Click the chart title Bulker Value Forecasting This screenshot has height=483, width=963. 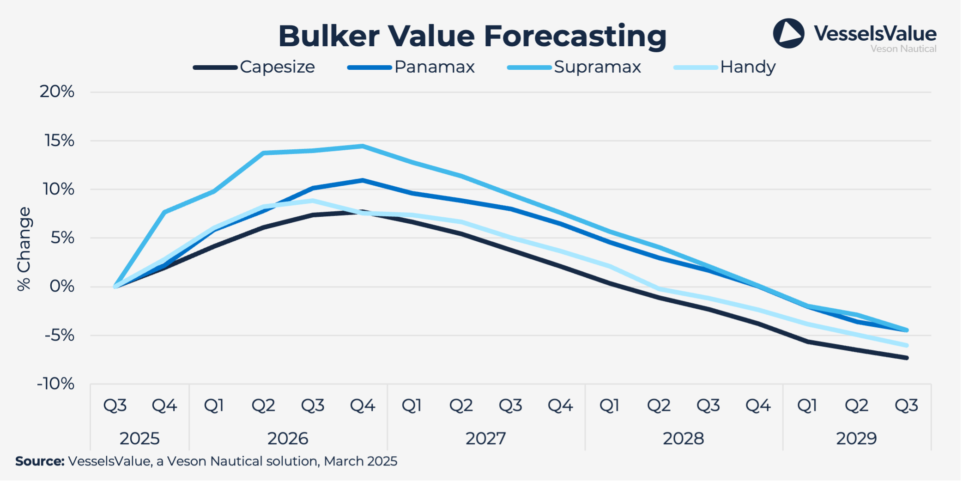tap(472, 36)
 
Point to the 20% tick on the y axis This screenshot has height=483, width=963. tap(57, 92)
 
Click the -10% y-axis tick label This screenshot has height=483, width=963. tap(55, 384)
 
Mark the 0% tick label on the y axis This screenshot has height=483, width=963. tap(62, 287)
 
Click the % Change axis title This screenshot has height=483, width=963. tap(24, 249)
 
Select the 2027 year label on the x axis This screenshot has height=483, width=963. tap(485, 438)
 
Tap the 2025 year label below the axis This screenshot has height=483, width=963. tap(139, 438)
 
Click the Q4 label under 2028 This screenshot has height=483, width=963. tap(757, 406)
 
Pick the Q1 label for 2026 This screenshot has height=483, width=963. tap(214, 406)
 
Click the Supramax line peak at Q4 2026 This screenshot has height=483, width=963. tap(363, 147)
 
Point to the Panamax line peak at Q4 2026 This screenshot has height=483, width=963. tap(363, 180)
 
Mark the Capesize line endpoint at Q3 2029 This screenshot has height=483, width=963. tap(907, 358)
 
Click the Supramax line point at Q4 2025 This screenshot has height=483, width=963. tap(164, 212)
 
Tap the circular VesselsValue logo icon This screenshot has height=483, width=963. tap(788, 33)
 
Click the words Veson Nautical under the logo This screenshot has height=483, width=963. tap(903, 49)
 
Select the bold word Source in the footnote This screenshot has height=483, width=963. tap(40, 461)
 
